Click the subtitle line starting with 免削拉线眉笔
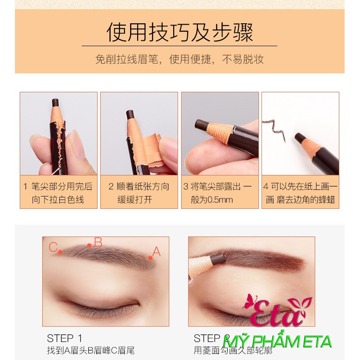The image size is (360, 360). pyautogui.click(x=179, y=59)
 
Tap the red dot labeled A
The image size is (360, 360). pyautogui.click(x=150, y=258)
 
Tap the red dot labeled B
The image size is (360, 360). pyautogui.click(x=89, y=245)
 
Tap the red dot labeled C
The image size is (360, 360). pyautogui.click(x=60, y=252)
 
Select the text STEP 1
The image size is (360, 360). pyautogui.click(x=64, y=338)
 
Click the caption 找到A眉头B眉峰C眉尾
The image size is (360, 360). pyautogui.click(x=91, y=350)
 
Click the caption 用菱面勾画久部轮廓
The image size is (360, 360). pyautogui.click(x=233, y=350)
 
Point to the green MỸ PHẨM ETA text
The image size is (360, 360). pyautogui.click(x=277, y=342)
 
